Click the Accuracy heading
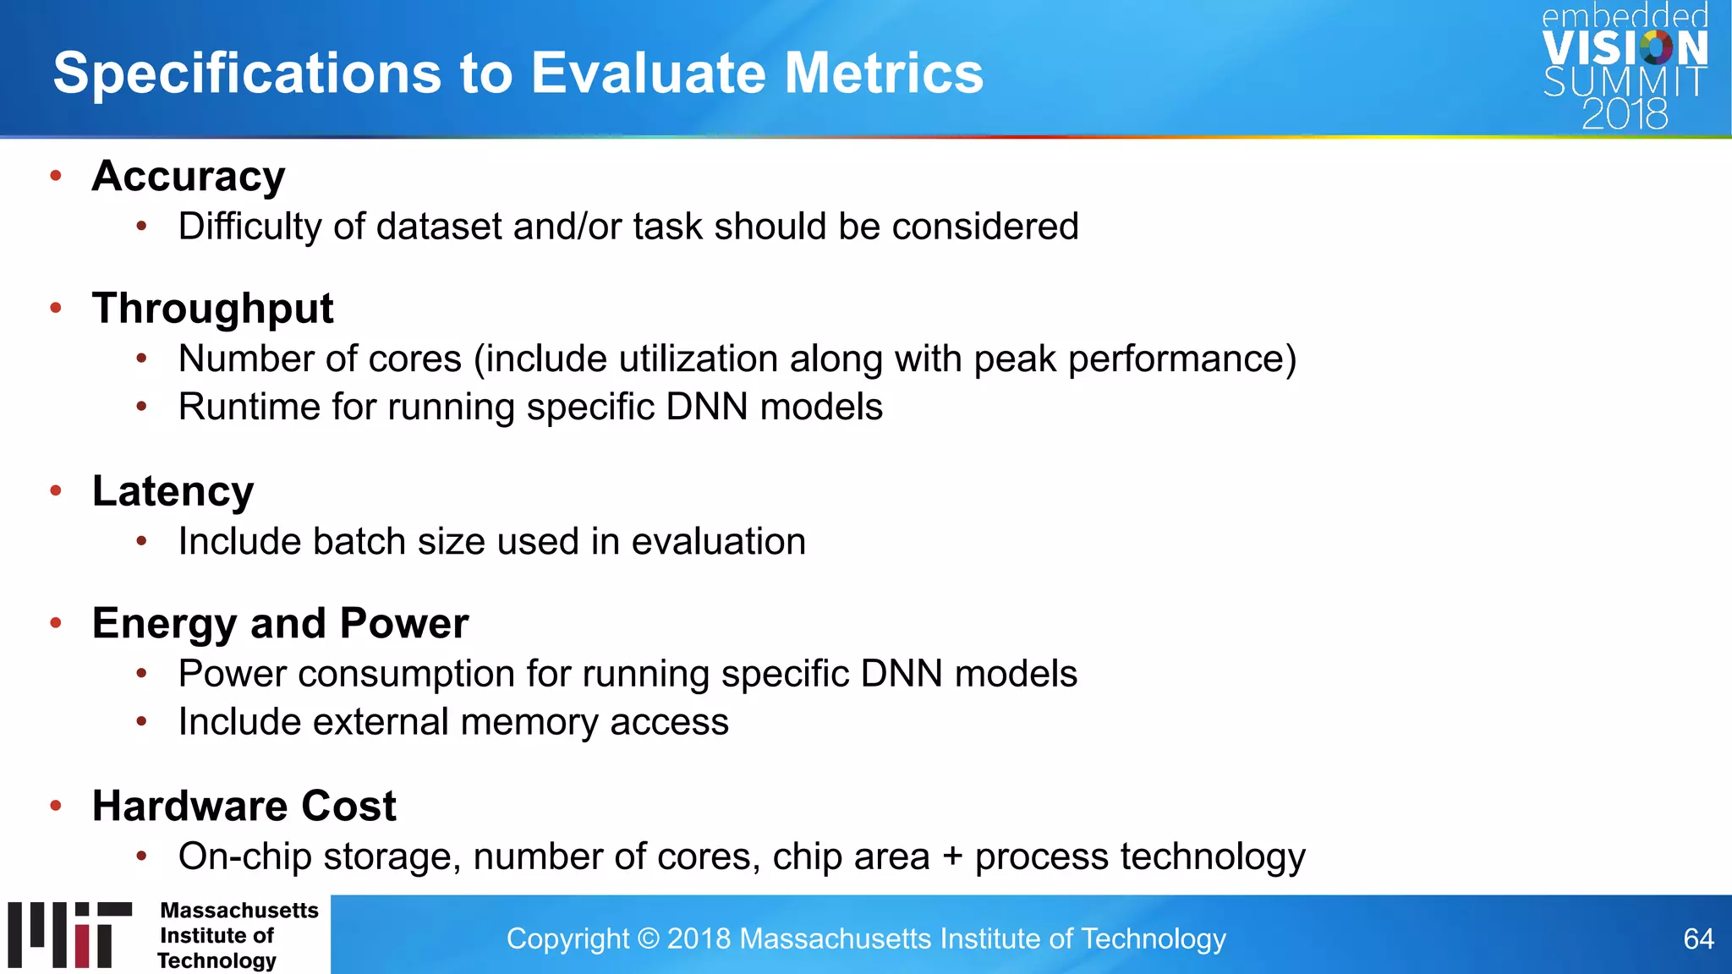(189, 176)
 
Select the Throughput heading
(212, 309)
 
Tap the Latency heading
(173, 491)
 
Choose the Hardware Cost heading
(244, 806)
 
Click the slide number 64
(1697, 939)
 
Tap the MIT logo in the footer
(70, 934)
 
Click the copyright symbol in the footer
(649, 939)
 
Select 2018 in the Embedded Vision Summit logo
(1625, 114)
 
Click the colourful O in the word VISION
(1655, 48)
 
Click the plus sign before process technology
(952, 857)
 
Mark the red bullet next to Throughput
(56, 309)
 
